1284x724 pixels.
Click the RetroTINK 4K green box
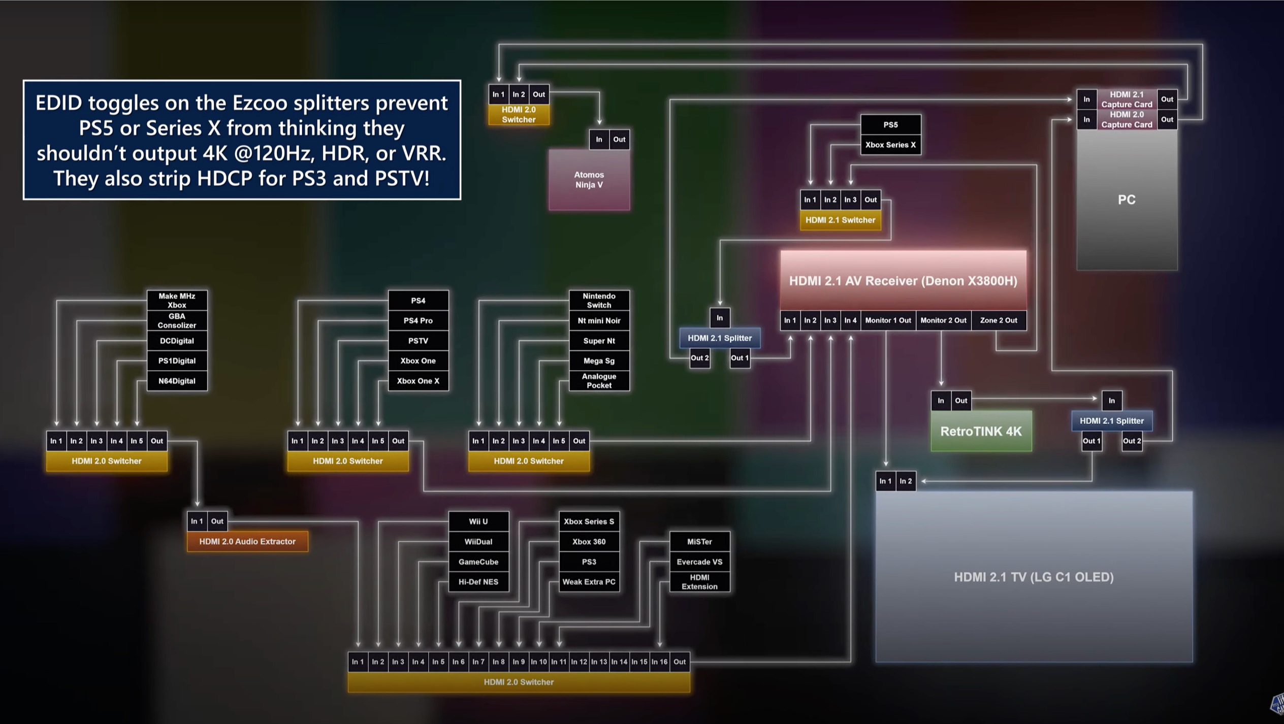pyautogui.click(x=981, y=431)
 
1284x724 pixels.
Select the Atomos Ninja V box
pyautogui.click(x=589, y=180)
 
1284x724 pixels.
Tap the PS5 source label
pyautogui.click(x=890, y=124)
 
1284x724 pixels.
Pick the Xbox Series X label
pyautogui.click(x=890, y=145)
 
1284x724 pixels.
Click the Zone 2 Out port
pyautogui.click(x=998, y=320)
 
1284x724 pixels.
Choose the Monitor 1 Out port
pyautogui.click(x=888, y=320)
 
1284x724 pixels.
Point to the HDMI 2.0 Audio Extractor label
pyautogui.click(x=247, y=541)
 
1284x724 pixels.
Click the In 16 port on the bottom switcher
pyautogui.click(x=659, y=662)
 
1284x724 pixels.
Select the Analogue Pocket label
pyautogui.click(x=599, y=381)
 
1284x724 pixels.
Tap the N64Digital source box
pyautogui.click(x=177, y=381)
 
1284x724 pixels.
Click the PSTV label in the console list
pyautogui.click(x=418, y=341)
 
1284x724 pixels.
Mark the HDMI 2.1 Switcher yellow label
pyautogui.click(x=840, y=220)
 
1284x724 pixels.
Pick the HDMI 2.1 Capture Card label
pyautogui.click(x=1126, y=99)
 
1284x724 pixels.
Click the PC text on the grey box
pyautogui.click(x=1126, y=200)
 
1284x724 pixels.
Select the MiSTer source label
pyautogui.click(x=699, y=541)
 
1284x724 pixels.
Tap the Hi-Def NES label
pyautogui.click(x=478, y=582)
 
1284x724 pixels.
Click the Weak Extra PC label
pyautogui.click(x=589, y=582)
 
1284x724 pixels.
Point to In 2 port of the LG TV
pyautogui.click(x=905, y=481)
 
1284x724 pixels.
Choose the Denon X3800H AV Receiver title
pyautogui.click(x=903, y=281)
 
